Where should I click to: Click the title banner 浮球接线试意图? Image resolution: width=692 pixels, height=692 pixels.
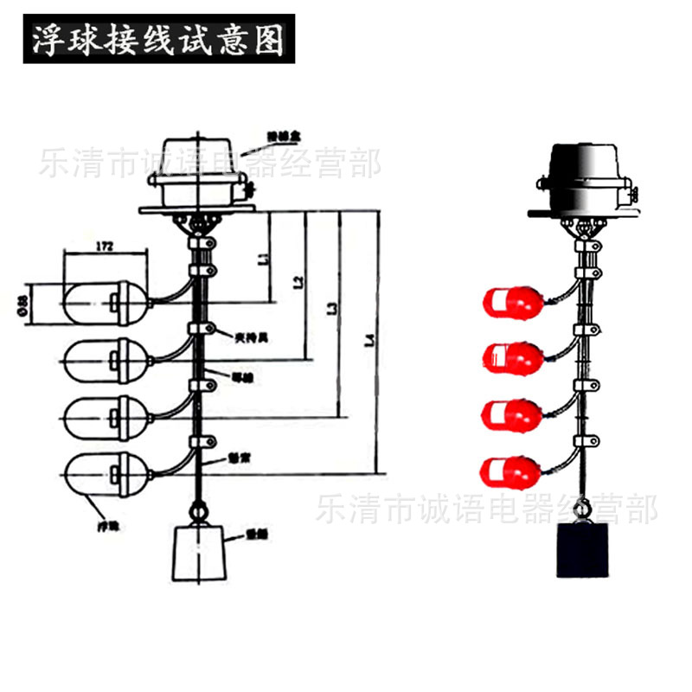pyautogui.click(x=158, y=39)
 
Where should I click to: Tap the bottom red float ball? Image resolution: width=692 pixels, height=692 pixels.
pyautogui.click(x=512, y=471)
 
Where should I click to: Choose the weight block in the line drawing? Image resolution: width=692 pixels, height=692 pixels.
pyautogui.click(x=200, y=554)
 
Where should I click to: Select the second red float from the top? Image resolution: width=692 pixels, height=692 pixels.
pyautogui.click(x=512, y=356)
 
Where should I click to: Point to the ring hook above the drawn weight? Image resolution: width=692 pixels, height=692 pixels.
pyautogui.click(x=199, y=512)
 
